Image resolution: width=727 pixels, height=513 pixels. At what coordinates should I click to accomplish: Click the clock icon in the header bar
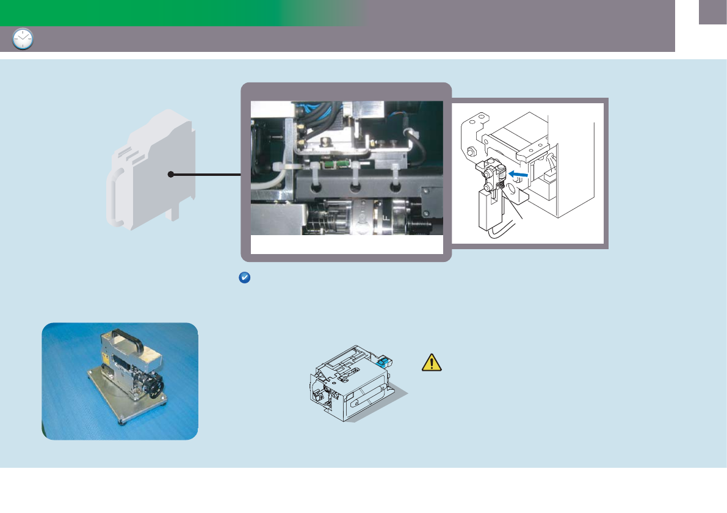23,39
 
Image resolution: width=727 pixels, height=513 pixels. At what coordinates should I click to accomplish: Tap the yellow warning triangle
432,363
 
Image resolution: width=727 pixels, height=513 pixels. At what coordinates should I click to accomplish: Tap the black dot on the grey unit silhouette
172,175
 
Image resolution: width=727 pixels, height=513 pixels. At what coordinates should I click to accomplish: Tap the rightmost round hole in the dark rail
397,188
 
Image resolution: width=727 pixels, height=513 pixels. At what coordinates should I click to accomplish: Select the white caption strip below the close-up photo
346,244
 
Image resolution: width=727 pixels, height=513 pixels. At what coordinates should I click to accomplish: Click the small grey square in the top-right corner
712,12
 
